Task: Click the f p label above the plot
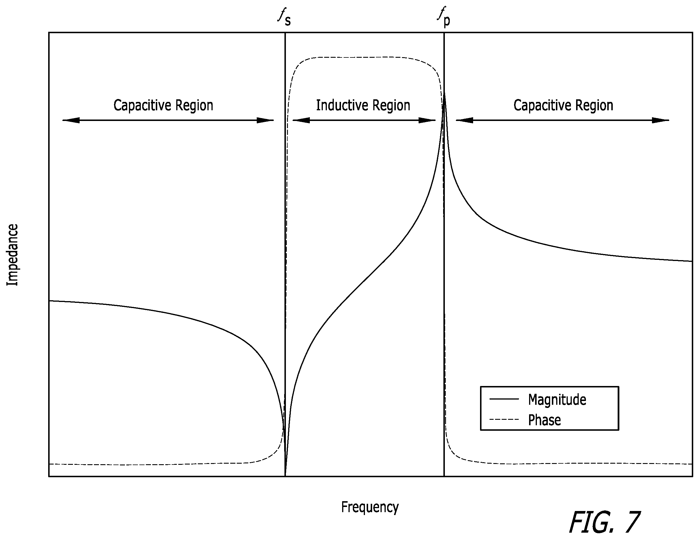click(x=444, y=17)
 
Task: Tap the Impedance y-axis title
click(x=12, y=255)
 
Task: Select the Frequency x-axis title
click(x=370, y=507)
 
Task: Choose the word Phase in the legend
click(x=544, y=420)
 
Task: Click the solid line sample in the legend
click(x=504, y=399)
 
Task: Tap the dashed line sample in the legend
click(x=504, y=419)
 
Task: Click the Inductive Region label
click(x=363, y=105)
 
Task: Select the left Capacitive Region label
click(x=163, y=105)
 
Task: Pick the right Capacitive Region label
click(x=563, y=105)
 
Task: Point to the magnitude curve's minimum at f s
click(x=285, y=475)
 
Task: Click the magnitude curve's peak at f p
click(x=444, y=93)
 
